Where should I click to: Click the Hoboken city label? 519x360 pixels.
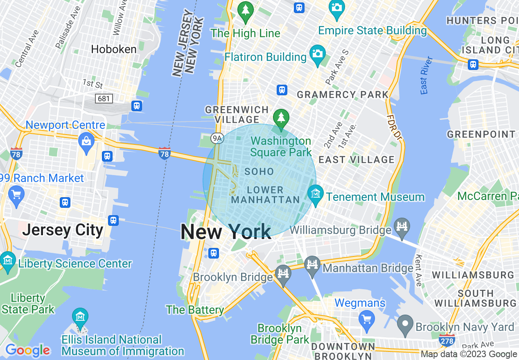click(x=114, y=49)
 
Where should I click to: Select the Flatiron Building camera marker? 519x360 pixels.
click(x=318, y=54)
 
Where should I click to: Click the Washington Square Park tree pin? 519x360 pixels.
click(x=281, y=118)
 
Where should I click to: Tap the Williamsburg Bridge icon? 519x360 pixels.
click(x=402, y=226)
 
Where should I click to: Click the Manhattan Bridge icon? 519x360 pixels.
click(x=312, y=264)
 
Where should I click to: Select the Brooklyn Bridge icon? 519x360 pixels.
click(x=283, y=273)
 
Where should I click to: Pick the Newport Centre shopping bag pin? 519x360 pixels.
click(x=86, y=142)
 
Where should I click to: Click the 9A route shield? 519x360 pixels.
click(x=217, y=139)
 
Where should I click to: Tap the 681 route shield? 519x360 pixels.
click(x=104, y=98)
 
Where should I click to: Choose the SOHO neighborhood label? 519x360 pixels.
click(x=259, y=171)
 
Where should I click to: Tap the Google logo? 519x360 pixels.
click(x=27, y=350)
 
